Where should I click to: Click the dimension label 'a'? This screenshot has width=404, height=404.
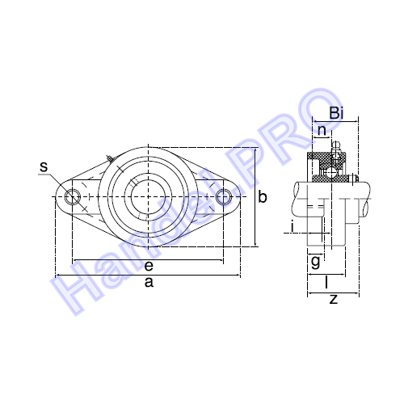148,282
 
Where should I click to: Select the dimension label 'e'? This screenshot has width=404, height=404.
149,266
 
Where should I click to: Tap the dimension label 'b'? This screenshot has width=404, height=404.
262,197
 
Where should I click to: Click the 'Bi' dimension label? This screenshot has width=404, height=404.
339,114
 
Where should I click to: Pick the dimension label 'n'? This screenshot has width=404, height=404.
322,130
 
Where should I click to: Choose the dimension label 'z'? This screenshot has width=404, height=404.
333,299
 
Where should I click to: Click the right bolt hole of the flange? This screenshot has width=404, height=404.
224,196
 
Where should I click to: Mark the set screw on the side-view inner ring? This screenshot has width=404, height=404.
350,179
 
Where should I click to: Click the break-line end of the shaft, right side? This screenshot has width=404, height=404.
372,196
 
